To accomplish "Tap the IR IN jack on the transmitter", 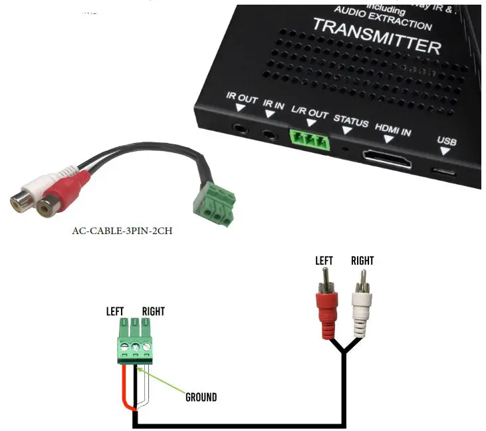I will pos(268,133).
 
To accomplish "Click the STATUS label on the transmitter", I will pos(350,121).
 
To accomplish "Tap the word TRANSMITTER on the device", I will pos(376,37).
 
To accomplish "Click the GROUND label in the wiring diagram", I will pos(201,397).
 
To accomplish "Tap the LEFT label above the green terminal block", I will pos(116,311).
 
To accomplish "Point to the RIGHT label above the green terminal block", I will pos(153,311).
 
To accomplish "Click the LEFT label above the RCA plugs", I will pos(324,261).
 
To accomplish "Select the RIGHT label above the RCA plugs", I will pos(362,261).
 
